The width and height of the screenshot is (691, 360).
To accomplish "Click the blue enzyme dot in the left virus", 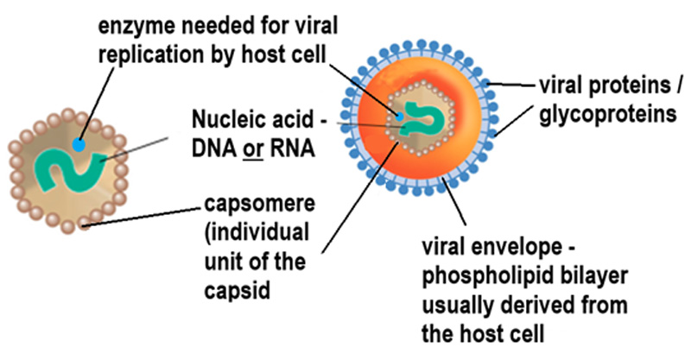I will (79, 145).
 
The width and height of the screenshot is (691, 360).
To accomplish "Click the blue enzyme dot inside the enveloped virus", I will (400, 113).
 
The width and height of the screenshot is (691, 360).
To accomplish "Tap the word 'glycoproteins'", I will (605, 113).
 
